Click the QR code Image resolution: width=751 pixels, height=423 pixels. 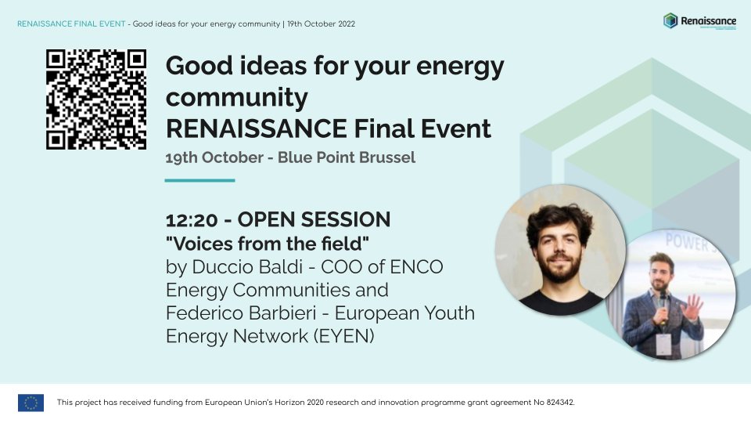pos(96,99)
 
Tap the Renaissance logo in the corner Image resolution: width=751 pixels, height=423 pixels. pos(699,21)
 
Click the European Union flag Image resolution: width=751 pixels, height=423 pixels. pos(31,403)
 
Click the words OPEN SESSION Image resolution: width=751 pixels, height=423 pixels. pos(314,220)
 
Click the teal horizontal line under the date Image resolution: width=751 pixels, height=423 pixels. pos(200,180)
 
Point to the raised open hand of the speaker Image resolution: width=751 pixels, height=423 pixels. pos(692,308)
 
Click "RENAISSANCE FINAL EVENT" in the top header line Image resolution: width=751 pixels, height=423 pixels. pos(70,23)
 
